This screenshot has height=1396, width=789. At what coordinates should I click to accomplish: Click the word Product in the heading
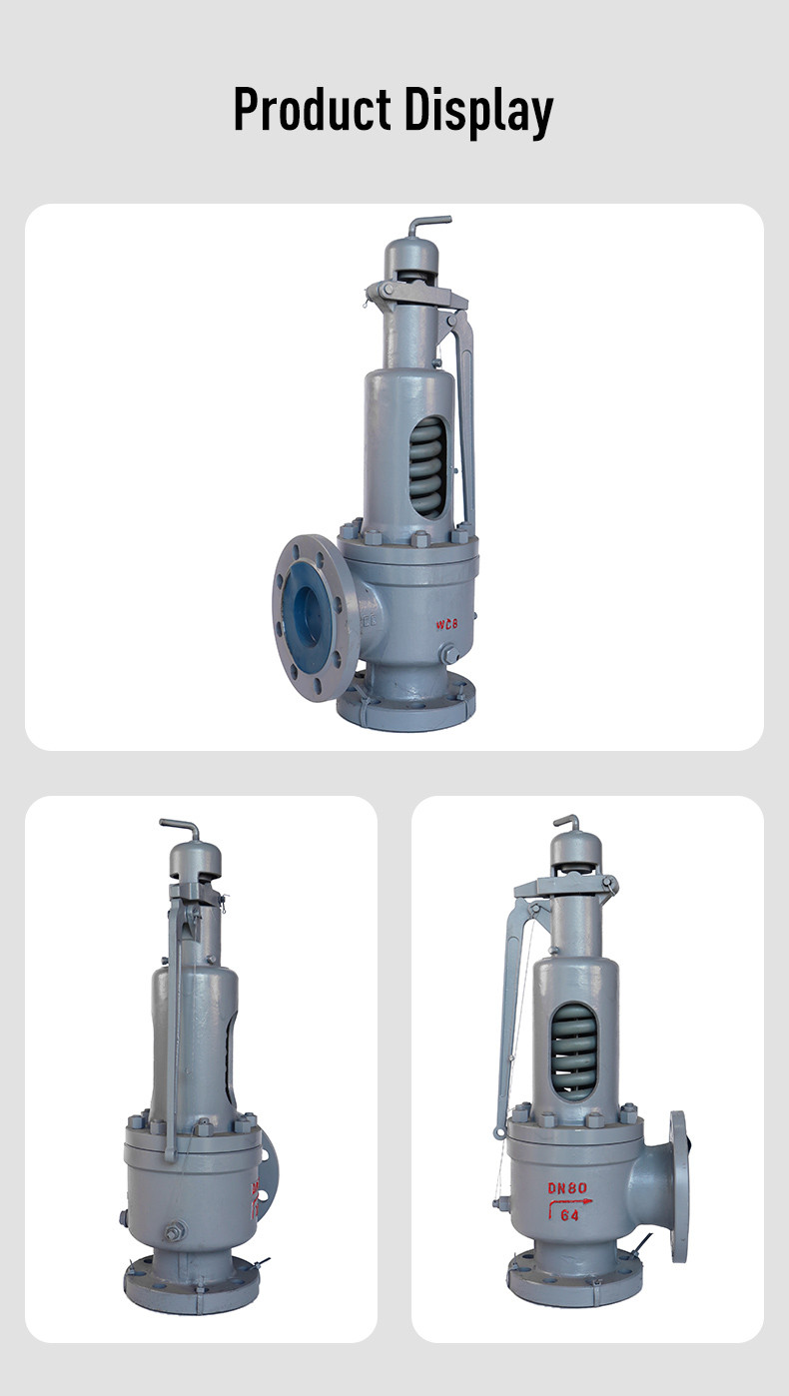tap(313, 110)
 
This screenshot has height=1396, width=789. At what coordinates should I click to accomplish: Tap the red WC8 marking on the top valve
tap(447, 624)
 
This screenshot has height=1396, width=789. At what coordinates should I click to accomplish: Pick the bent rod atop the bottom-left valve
tap(182, 828)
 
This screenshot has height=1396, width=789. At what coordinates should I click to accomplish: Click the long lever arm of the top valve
tap(464, 419)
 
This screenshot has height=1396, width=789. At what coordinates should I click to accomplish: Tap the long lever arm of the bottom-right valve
tap(511, 1009)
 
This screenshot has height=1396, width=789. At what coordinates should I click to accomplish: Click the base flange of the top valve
tap(404, 709)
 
